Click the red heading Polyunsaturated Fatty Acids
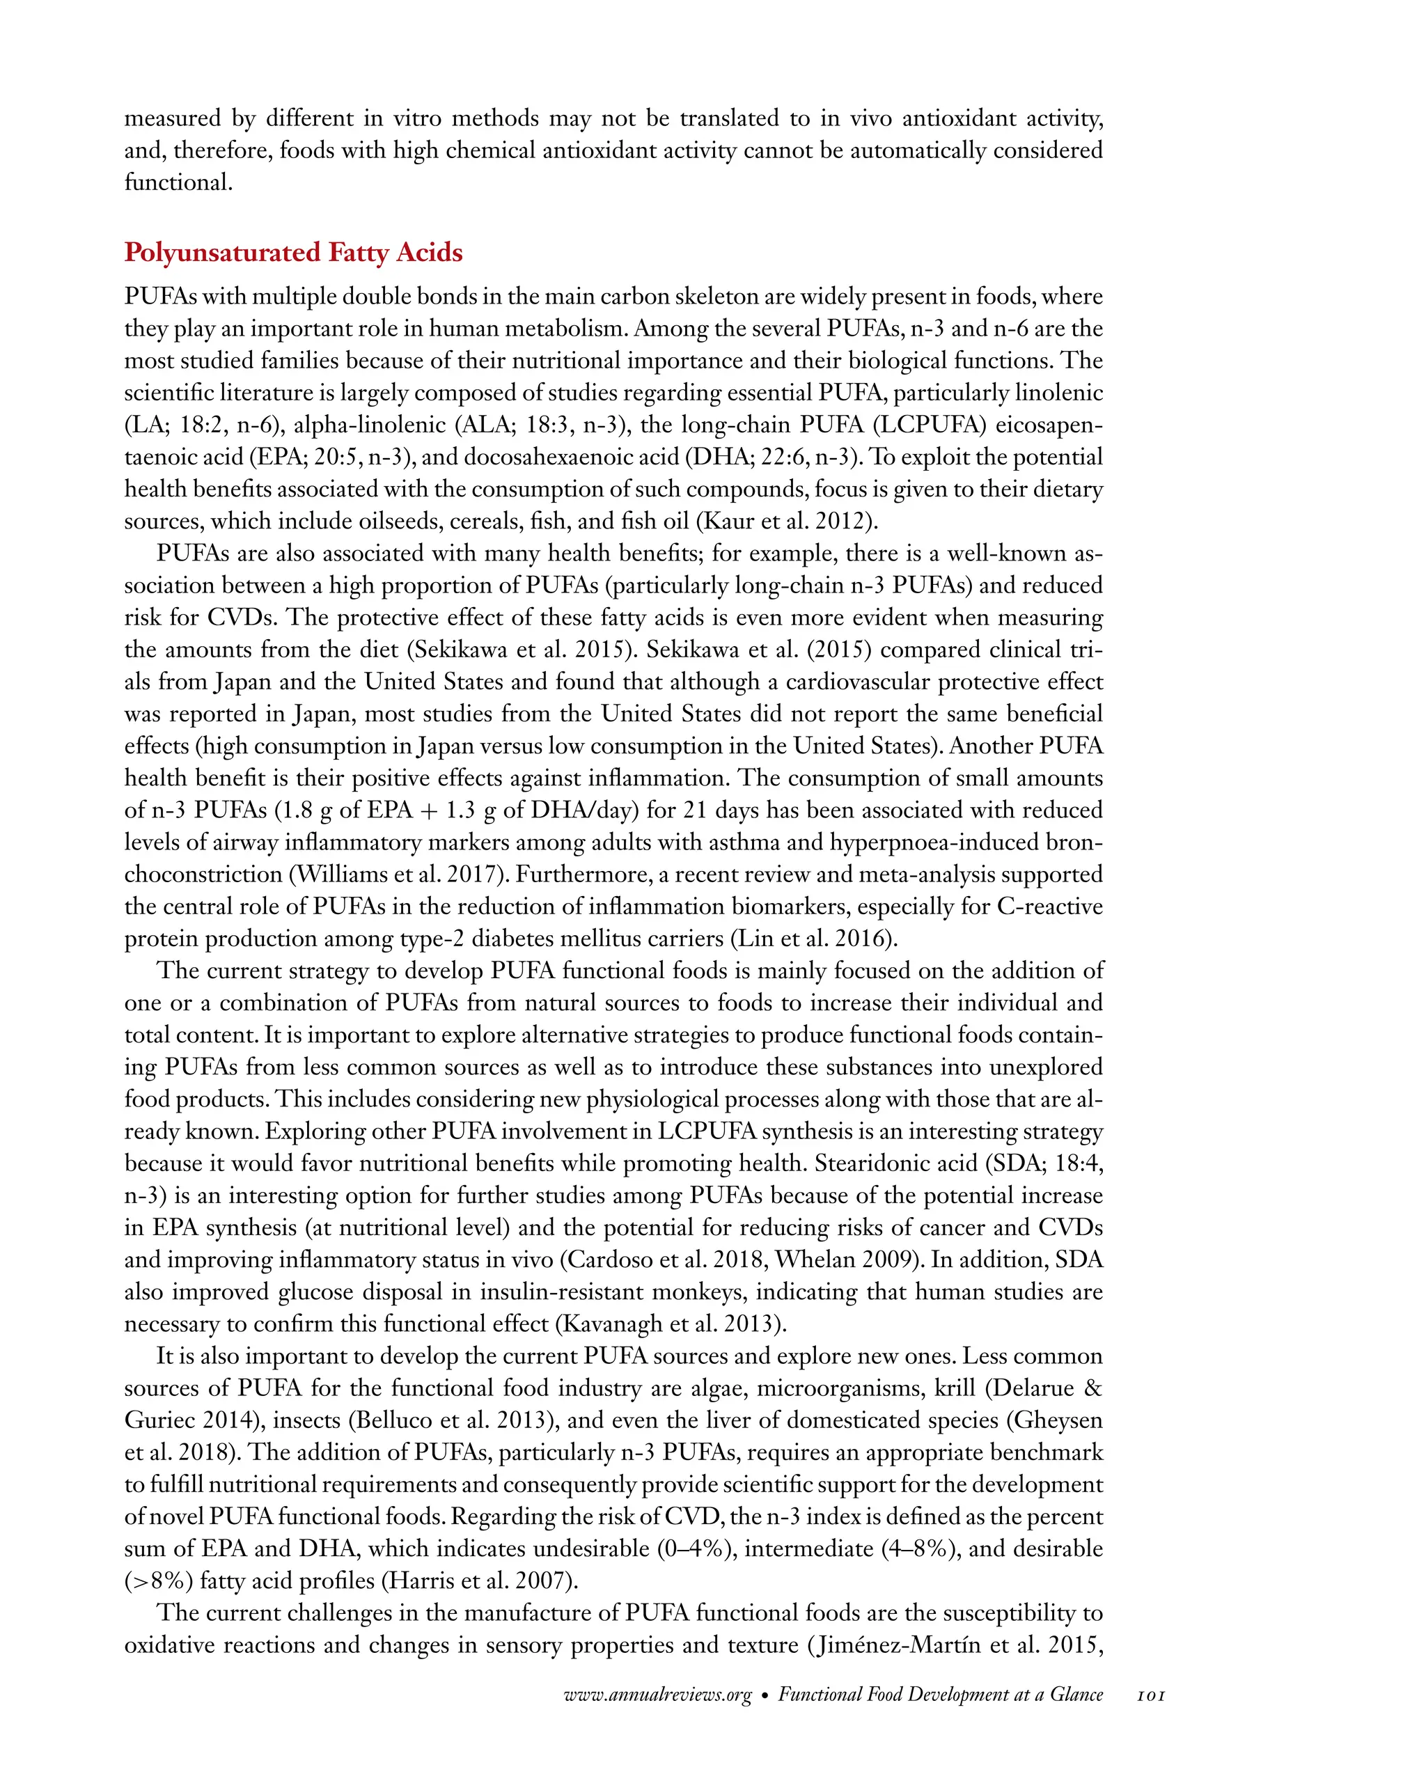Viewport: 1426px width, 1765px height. coord(293,252)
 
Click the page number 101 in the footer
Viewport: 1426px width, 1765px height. coord(1150,1695)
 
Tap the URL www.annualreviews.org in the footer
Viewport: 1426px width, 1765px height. coord(657,1695)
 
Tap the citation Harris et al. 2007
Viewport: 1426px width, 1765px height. coord(480,1580)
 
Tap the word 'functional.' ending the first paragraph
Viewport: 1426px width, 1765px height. coord(178,182)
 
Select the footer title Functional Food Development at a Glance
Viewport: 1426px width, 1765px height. coord(940,1695)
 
